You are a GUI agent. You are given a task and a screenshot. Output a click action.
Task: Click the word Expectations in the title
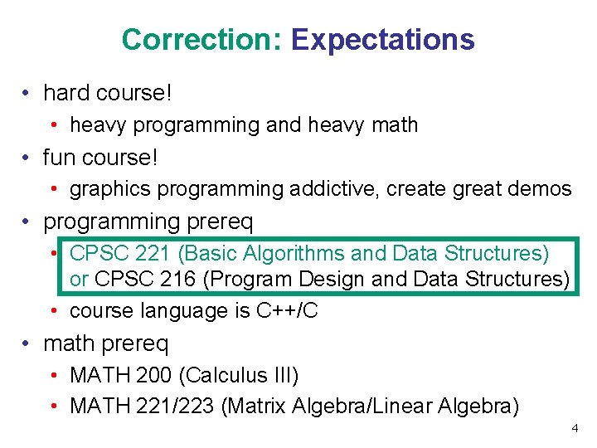click(383, 39)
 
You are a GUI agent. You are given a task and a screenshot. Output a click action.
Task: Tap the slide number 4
click(575, 428)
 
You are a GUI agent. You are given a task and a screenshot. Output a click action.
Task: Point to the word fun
click(59, 156)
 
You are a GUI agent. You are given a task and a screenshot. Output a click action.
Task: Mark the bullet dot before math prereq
click(28, 343)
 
